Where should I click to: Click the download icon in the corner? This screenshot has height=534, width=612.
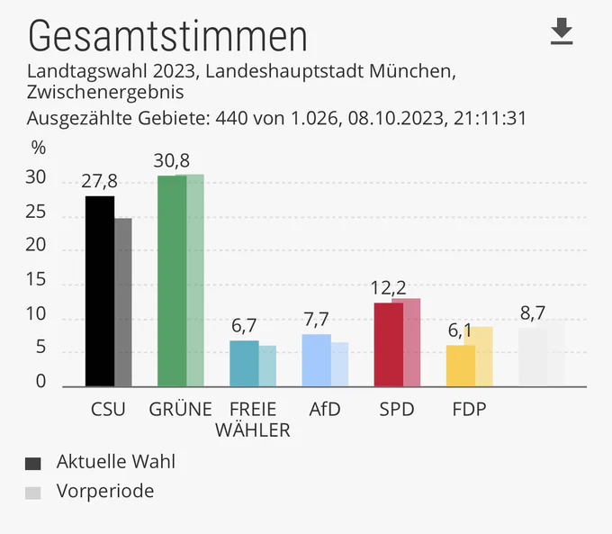562,32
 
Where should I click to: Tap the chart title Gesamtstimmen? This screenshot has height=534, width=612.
167,36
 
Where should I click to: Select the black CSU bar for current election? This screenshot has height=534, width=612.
100,291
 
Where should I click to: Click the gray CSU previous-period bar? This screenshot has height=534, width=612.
123,303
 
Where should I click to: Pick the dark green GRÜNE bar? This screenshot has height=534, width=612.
172,281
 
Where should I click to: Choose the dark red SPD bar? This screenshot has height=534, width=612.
389,345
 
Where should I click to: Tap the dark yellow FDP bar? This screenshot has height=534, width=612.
461,366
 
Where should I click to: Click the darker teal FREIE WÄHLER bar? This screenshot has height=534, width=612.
244,363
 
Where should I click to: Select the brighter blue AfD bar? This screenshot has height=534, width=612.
316,360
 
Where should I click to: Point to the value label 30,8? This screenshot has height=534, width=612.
171,160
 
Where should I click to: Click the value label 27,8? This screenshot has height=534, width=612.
99,181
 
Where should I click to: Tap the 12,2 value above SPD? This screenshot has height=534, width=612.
388,288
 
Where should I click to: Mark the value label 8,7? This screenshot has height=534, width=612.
533,312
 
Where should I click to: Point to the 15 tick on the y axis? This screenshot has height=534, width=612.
35,279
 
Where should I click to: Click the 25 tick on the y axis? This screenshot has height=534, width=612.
35,212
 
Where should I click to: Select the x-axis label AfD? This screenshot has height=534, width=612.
325,410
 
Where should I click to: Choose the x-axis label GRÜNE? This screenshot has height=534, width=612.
180,408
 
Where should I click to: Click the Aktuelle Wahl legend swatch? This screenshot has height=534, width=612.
32,464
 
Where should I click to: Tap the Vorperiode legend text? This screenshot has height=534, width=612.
105,491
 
